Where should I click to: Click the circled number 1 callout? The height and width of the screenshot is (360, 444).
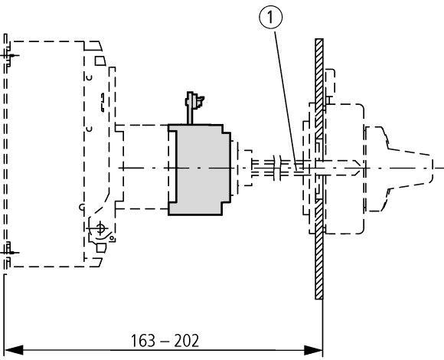click(x=271, y=18)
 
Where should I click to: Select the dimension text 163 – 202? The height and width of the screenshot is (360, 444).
click(x=165, y=341)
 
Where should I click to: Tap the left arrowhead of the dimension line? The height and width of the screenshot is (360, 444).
click(x=14, y=350)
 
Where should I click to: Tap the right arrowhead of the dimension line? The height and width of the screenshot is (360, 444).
click(x=313, y=350)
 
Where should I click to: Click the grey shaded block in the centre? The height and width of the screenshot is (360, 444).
click(x=200, y=170)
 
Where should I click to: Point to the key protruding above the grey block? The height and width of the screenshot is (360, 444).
click(x=194, y=107)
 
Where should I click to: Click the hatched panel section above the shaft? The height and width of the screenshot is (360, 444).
click(x=319, y=88)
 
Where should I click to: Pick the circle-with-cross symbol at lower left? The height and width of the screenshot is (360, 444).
click(x=100, y=228)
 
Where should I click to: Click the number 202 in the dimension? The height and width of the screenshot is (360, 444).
click(x=187, y=341)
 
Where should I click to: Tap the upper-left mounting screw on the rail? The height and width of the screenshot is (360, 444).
click(x=10, y=55)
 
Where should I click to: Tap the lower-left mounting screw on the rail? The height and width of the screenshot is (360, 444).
click(x=10, y=252)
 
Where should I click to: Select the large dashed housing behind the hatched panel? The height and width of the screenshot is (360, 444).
click(x=344, y=169)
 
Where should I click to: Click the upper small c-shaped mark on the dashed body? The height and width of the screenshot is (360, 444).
click(x=90, y=77)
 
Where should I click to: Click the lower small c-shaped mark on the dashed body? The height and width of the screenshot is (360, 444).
click(x=90, y=129)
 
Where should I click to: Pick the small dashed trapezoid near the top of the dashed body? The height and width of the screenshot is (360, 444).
click(x=100, y=61)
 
